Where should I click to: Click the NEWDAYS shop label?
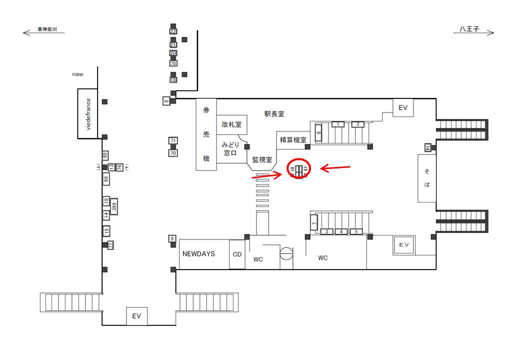[x=198, y=254]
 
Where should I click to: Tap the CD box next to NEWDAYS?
[x=237, y=254]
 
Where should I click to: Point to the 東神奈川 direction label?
[x=47, y=30]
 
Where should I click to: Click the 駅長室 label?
[x=274, y=114]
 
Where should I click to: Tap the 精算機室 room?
[x=293, y=139]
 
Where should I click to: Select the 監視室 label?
[x=262, y=160]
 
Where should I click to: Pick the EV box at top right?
[x=403, y=107]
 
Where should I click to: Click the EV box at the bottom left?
[x=137, y=316]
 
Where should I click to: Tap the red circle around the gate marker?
[x=298, y=171]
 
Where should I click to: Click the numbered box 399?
[x=114, y=206]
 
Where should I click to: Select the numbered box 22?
[x=173, y=31]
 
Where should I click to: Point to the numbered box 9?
[x=172, y=239]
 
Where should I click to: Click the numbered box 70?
[x=173, y=153]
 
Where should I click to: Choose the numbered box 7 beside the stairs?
[x=314, y=221]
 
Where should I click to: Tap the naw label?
[x=77, y=74]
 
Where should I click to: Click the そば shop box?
[x=426, y=178]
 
